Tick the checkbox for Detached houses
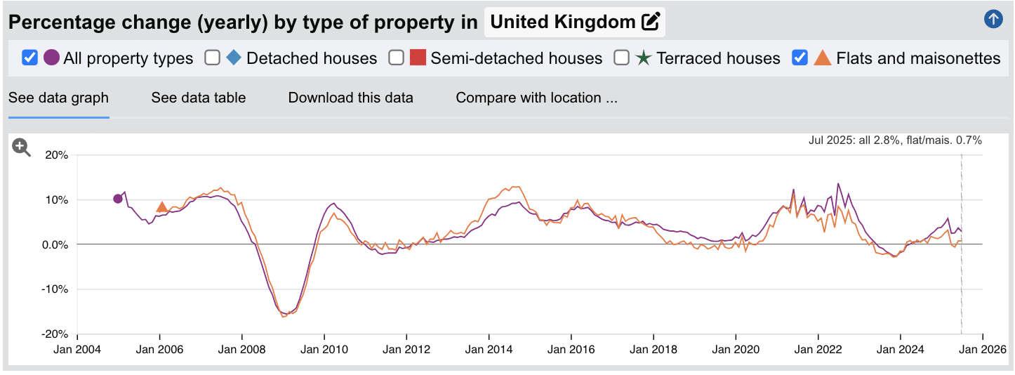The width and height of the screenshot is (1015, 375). (213, 58)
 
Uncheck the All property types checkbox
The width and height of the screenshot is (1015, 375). (29, 58)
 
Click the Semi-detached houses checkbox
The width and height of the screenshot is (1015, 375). (397, 58)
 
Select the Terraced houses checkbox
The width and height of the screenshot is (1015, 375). (621, 58)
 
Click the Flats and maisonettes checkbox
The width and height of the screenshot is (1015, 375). (800, 58)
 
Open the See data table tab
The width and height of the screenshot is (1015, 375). (198, 98)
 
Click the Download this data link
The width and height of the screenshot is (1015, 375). (350, 98)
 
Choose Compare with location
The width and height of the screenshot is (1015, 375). (536, 98)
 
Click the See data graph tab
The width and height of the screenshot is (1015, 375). (58, 98)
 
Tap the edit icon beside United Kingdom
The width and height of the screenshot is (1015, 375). (651, 22)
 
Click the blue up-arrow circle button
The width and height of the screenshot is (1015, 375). (993, 19)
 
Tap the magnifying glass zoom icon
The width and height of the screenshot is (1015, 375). (22, 147)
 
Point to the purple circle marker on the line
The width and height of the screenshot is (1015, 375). (118, 199)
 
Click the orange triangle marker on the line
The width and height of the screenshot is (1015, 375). (161, 206)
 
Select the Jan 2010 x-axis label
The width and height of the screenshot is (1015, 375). (324, 349)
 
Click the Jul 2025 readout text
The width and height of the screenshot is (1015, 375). (895, 140)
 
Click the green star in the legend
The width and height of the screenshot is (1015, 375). (643, 58)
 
